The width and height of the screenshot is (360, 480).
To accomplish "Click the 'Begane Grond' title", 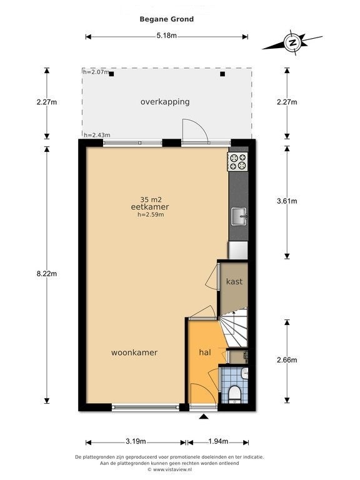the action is (166, 19).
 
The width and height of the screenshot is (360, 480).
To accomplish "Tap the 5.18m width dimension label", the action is (166, 35).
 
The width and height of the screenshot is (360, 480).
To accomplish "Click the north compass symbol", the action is (292, 42).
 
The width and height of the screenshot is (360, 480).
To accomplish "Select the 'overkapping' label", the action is (165, 102).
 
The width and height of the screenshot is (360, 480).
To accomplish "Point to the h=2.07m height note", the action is (96, 72).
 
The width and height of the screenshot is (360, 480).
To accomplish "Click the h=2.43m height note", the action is (97, 135).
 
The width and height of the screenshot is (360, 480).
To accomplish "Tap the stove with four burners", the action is (237, 162).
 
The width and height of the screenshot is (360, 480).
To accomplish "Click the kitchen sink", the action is (239, 216).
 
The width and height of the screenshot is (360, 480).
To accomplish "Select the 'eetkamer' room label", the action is (150, 207).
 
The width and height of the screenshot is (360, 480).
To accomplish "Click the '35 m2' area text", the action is (151, 199).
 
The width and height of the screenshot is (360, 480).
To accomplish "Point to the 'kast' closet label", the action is (234, 281).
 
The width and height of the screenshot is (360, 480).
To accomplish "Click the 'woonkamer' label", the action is (134, 352).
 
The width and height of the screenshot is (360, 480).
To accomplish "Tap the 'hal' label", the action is (205, 352).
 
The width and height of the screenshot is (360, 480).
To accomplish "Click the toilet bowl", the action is (235, 393).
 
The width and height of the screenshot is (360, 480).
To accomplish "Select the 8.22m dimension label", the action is (47, 274).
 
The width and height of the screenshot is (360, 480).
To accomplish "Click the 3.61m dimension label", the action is (287, 201).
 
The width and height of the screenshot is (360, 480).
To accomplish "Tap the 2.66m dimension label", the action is (287, 360).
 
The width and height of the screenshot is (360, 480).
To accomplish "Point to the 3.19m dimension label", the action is (136, 441).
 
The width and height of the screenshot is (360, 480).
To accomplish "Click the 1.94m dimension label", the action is (218, 441).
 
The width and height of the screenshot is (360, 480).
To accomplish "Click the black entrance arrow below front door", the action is (204, 416).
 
